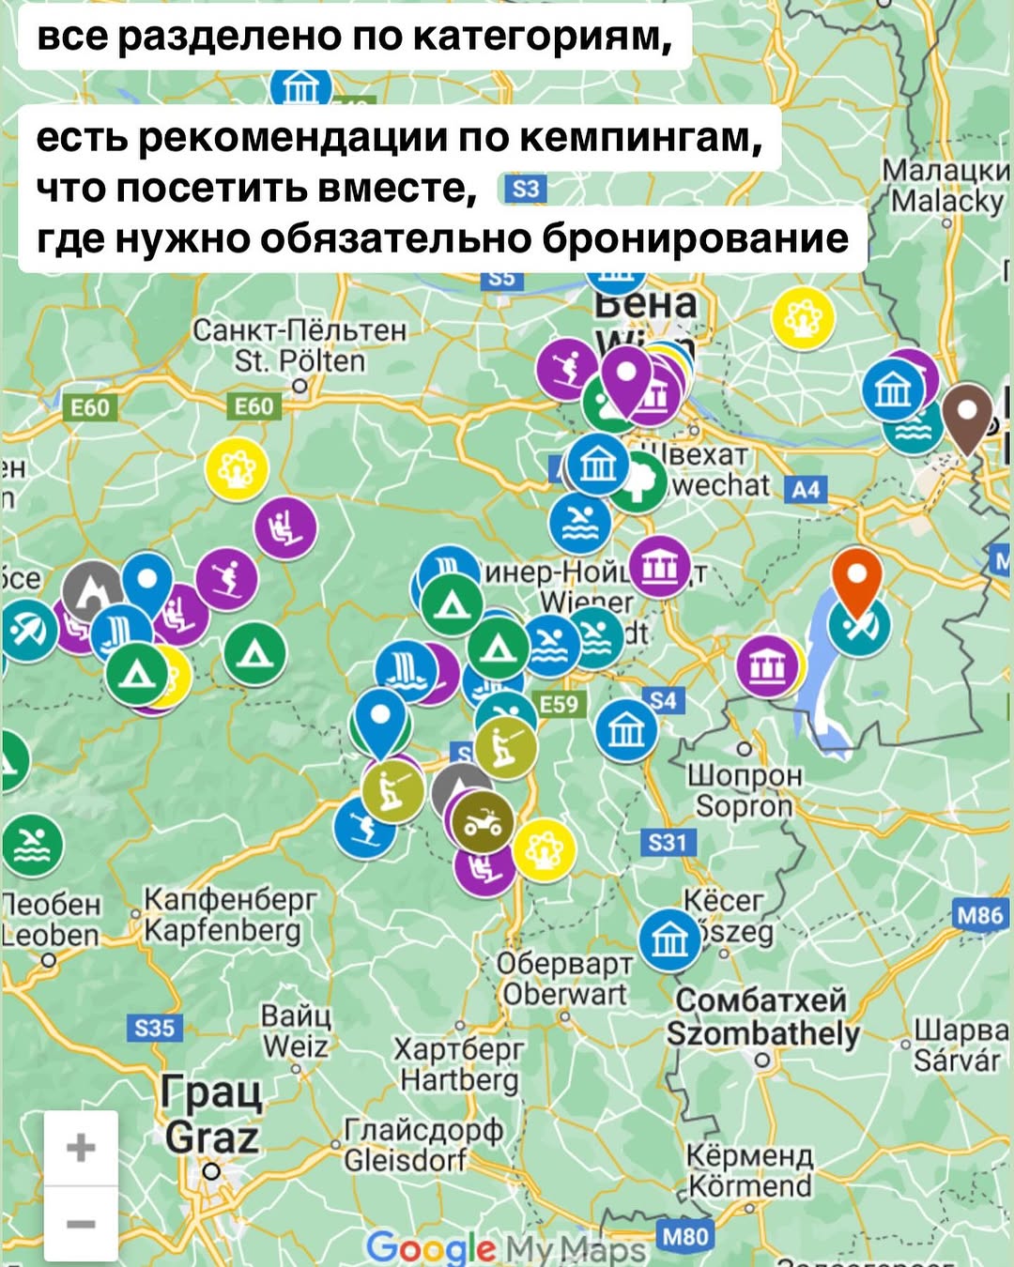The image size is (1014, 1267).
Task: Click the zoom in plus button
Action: pos(81,1147)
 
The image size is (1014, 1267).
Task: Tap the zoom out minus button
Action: pos(81,1224)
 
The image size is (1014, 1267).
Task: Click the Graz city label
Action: pos(211,1117)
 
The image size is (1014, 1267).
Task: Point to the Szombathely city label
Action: pos(762,1017)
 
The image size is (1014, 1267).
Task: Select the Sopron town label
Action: pos(744,791)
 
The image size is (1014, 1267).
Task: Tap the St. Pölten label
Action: pos(300,346)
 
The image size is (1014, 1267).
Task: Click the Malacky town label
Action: pos(946,186)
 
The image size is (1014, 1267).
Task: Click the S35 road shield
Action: pos(155,1028)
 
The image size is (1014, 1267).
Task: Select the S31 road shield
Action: pos(668,842)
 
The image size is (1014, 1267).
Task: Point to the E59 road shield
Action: pos(560,705)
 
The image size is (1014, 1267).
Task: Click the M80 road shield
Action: pos(685,1236)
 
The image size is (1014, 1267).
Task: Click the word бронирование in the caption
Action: pos(695,237)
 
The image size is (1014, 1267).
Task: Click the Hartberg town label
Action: pos(459,1065)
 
